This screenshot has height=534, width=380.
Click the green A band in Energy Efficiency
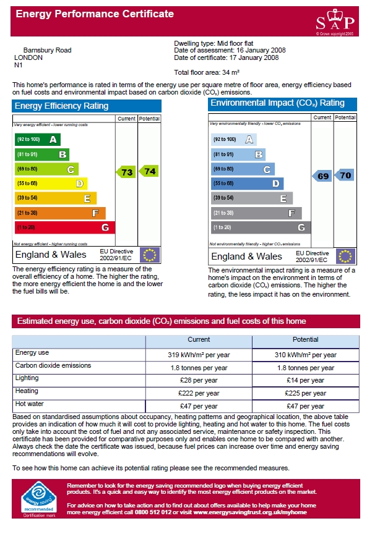pyautogui.click(x=38, y=139)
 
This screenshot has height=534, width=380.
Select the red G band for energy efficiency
pyautogui.click(x=65, y=227)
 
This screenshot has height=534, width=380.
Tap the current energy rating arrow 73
pyautogui.click(x=125, y=172)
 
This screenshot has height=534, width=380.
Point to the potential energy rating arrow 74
pyautogui.click(x=149, y=171)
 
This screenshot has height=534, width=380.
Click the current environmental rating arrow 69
pyautogui.click(x=322, y=176)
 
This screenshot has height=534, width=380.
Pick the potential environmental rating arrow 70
pyautogui.click(x=345, y=175)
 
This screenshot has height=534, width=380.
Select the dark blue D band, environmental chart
pyautogui.click(x=247, y=184)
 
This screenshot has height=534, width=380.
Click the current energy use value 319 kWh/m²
pyautogui.click(x=199, y=355)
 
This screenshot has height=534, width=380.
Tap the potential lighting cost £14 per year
pyautogui.click(x=305, y=380)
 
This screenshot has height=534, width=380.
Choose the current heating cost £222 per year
pyautogui.click(x=199, y=393)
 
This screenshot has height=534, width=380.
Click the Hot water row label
pyautogui.click(x=29, y=404)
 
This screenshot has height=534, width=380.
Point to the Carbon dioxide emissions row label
pyautogui.click(x=53, y=365)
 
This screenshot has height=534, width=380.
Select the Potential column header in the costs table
pyautogui.click(x=305, y=339)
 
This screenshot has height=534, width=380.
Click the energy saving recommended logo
pyautogui.click(x=39, y=499)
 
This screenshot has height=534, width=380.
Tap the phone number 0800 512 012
pyautogui.click(x=153, y=512)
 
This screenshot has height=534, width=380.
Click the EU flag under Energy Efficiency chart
pyautogui.click(x=150, y=255)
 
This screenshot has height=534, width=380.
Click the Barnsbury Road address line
pyautogui.click(x=48, y=51)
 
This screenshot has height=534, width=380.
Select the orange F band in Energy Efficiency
pyautogui.click(x=60, y=213)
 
